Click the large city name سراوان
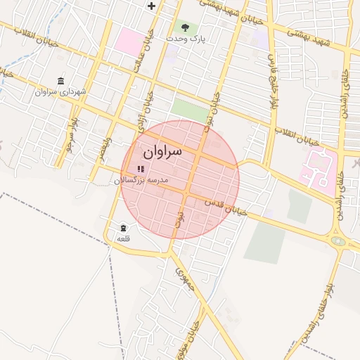tap(162, 150)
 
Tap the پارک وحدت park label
tap(186, 39)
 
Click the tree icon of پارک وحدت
tap(186, 28)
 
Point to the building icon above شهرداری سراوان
tap(60, 81)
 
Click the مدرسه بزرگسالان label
tap(141, 180)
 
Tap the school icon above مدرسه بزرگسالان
tap(141, 169)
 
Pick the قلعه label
tap(124, 239)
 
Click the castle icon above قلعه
tap(124, 228)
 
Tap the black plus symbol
tap(150, 6)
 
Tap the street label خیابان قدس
tap(226, 207)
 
